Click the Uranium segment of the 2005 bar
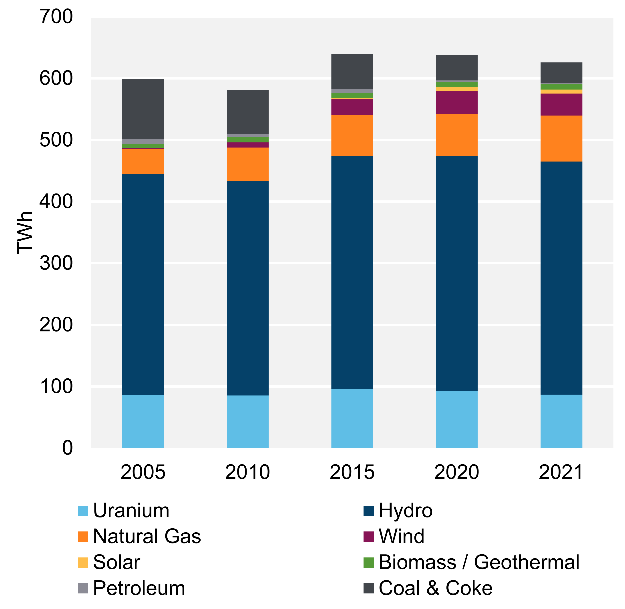click(x=143, y=421)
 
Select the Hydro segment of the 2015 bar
click(x=352, y=272)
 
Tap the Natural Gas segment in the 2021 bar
click(x=561, y=138)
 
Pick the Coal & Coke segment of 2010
click(x=247, y=112)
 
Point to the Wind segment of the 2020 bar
click(x=457, y=103)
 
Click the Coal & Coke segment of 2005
click(x=143, y=109)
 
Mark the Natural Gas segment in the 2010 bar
click(x=247, y=164)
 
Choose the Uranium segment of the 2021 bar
click(x=561, y=421)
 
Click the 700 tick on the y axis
click(x=56, y=17)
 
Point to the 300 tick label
click(x=56, y=263)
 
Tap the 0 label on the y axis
click(x=67, y=448)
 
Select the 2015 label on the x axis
click(x=352, y=472)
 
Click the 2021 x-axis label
click(x=561, y=472)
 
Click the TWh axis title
click(x=25, y=233)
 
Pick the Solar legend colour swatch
click(x=83, y=563)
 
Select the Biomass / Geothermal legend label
click(x=479, y=563)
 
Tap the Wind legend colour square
click(x=369, y=537)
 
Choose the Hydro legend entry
click(x=406, y=511)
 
